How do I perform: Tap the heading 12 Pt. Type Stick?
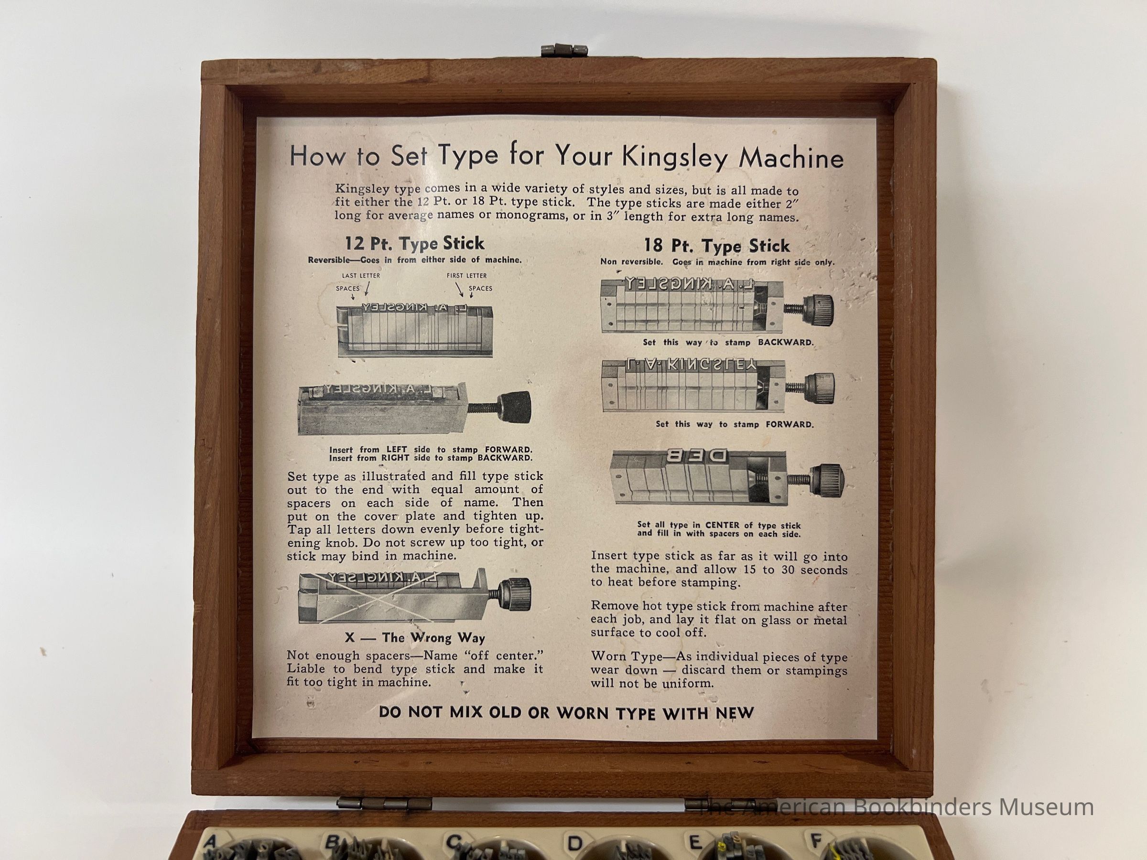414,243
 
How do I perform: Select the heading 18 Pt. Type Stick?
716,245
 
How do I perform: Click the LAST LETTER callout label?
361,276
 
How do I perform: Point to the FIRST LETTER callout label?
466,276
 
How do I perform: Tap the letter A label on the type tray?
211,840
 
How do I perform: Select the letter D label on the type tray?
574,841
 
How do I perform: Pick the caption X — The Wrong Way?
415,638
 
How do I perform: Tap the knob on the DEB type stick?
828,482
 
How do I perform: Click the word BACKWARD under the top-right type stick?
786,342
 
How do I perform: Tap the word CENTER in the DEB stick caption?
725,525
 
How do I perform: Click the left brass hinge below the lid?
384,804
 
